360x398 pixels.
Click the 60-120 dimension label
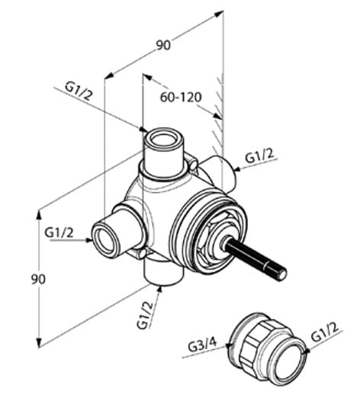[181, 97]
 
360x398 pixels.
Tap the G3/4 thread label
[202, 345]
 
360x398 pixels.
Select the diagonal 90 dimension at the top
[163, 46]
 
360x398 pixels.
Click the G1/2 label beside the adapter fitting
[325, 333]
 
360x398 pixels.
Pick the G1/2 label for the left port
[59, 233]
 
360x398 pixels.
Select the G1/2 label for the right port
[259, 156]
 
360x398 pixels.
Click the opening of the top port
[163, 140]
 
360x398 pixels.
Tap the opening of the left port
[104, 240]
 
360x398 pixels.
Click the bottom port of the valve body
[163, 272]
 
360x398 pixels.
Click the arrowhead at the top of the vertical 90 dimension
[39, 215]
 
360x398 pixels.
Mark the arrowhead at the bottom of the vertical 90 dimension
[39, 342]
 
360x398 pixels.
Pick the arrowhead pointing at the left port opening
[88, 240]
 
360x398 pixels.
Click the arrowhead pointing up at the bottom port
[159, 290]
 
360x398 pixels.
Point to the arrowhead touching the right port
[237, 169]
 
